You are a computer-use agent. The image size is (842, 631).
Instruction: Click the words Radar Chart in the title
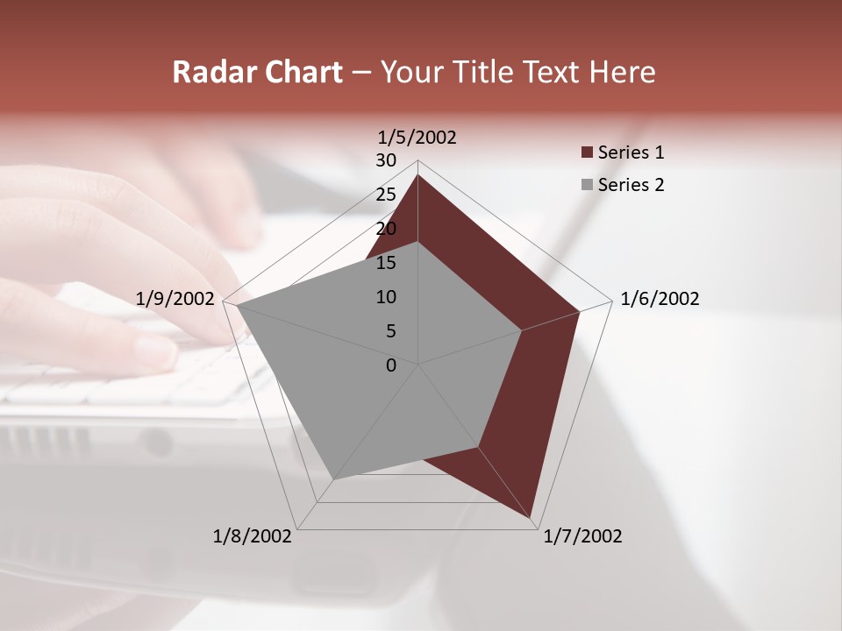(257, 72)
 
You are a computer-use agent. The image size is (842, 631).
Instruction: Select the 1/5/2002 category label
(417, 138)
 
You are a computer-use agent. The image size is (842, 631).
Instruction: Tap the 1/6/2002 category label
(660, 299)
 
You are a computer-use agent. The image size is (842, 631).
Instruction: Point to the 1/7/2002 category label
(582, 536)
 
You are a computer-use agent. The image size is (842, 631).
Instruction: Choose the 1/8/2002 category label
(253, 536)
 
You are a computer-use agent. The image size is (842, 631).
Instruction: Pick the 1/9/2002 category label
(175, 299)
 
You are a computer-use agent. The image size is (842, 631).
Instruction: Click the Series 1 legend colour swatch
(587, 153)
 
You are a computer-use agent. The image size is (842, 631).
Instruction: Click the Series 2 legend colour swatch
(587, 185)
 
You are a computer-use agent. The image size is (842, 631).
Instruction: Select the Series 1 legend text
(631, 153)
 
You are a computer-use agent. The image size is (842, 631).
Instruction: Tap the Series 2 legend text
(631, 185)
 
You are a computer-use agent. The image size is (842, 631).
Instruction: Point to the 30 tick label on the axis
(386, 160)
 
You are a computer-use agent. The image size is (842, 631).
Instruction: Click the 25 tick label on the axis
(386, 195)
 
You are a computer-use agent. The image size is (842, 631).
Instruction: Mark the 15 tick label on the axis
(386, 263)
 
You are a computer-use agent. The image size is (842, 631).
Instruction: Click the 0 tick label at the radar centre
(391, 365)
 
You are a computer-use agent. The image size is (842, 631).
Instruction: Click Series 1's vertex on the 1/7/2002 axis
(532, 518)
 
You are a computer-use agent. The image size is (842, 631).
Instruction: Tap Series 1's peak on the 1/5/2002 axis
(418, 175)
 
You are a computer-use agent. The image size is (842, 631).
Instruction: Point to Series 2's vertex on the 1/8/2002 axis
(334, 479)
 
